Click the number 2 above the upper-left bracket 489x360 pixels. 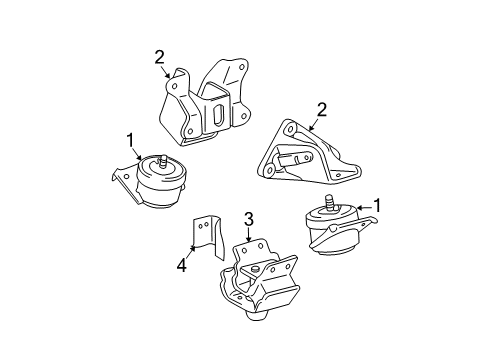[x=159, y=58]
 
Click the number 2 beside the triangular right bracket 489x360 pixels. [x=322, y=110]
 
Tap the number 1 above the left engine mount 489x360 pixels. [x=130, y=140]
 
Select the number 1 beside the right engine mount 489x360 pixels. [x=377, y=206]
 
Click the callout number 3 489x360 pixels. [x=249, y=220]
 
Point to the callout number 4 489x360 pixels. [x=182, y=266]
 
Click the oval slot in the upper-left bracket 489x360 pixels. [x=218, y=114]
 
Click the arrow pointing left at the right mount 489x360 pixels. [x=364, y=208]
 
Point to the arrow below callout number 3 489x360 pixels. [x=248, y=235]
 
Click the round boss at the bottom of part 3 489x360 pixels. [x=257, y=315]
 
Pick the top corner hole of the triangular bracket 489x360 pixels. [x=290, y=128]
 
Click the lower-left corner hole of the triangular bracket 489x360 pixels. [x=269, y=171]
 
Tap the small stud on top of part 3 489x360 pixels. [x=255, y=269]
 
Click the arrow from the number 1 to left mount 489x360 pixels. [x=136, y=155]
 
